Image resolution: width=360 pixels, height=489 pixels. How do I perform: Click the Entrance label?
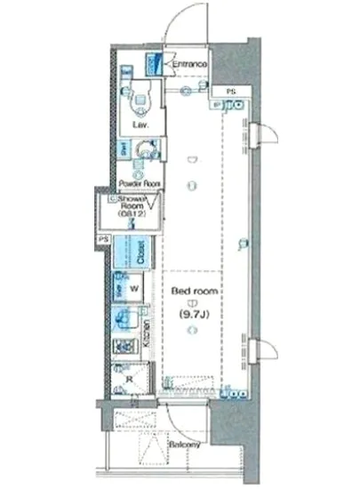coord(189,64)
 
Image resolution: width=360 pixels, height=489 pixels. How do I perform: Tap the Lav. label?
coord(140,125)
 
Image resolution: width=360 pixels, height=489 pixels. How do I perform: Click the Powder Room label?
coord(138,185)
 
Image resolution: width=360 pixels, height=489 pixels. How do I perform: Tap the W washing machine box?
coord(134,289)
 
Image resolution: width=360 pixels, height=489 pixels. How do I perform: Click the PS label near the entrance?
coord(230,92)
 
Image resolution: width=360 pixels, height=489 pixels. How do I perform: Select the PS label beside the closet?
coord(104,240)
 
